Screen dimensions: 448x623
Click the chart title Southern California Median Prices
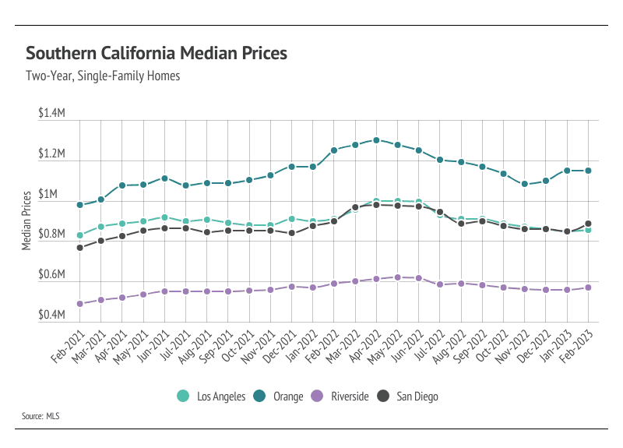157,54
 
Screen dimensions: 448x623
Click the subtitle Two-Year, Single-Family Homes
103,76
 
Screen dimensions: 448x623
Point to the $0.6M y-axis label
51,275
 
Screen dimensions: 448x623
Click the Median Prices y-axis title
26,220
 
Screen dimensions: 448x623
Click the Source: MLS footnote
40,417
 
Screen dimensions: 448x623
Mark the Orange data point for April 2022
376,140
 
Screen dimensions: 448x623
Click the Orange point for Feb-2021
80,205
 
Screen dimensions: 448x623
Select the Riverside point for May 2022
397,277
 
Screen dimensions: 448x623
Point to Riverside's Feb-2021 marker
80,304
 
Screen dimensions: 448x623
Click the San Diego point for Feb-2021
80,248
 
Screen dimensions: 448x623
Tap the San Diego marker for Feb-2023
588,224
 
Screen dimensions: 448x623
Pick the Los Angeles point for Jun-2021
164,217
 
